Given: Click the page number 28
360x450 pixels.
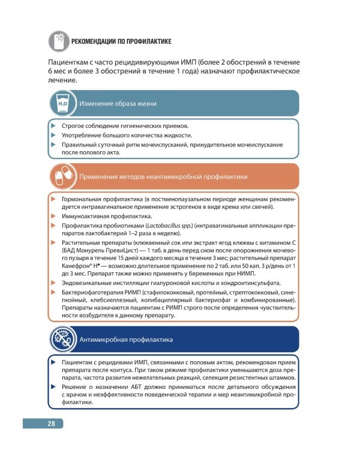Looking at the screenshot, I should (x=52, y=424).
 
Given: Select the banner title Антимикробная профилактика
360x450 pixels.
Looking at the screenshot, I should (x=127, y=340).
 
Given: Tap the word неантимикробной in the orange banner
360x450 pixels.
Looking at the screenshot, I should (x=173, y=177).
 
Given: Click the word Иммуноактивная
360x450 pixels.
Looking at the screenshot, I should (x=84, y=216).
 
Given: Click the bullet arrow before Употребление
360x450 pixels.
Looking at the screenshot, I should (x=53, y=135).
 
